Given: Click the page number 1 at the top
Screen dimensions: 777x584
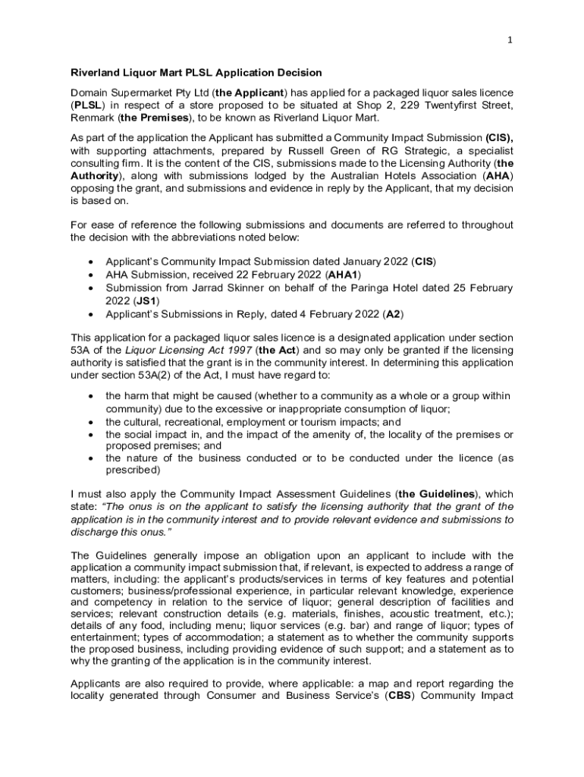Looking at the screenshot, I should click(x=511, y=40).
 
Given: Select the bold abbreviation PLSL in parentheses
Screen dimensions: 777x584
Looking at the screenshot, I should click(x=86, y=105).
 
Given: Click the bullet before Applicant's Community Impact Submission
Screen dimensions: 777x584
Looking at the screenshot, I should click(x=91, y=262).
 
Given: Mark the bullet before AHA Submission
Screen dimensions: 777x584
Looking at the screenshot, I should click(x=91, y=275).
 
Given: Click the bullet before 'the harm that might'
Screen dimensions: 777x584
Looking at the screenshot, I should click(x=91, y=397).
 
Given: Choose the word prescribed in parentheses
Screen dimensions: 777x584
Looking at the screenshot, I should click(x=133, y=470).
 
